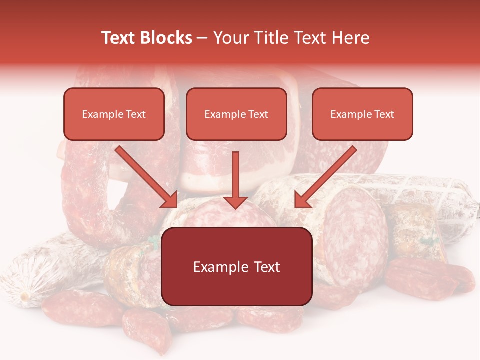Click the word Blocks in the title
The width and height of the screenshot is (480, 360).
(x=166, y=38)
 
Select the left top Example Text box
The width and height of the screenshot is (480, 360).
(x=114, y=114)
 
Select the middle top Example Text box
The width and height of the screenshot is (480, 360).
(x=236, y=114)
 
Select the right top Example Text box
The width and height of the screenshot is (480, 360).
(x=362, y=114)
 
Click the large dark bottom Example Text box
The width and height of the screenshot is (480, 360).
(x=236, y=266)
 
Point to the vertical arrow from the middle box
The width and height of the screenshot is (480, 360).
(x=235, y=175)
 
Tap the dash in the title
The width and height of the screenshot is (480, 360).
(x=202, y=38)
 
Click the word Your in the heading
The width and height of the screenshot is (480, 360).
(x=231, y=38)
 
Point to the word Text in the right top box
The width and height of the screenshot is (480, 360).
(x=383, y=114)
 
